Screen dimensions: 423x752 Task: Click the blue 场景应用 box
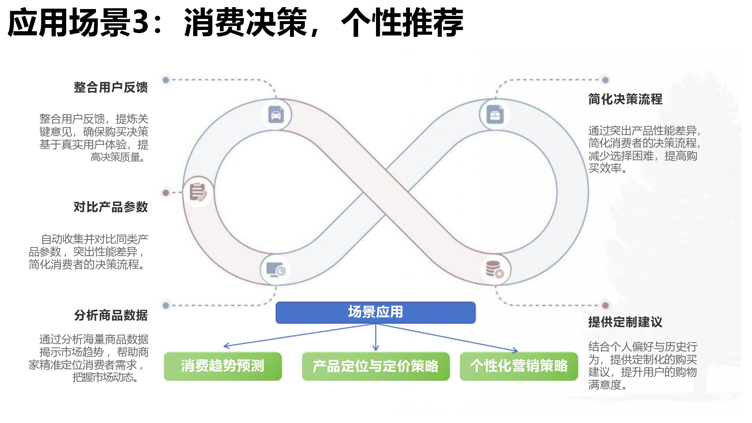375,312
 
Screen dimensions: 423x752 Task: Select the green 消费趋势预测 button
223,366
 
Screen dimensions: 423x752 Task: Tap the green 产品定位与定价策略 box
376,366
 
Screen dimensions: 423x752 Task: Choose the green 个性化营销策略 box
519,366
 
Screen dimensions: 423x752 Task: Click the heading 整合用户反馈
111,88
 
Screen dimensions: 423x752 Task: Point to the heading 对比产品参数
111,207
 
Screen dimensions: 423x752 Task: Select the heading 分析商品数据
111,315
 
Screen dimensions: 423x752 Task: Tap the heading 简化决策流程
625,100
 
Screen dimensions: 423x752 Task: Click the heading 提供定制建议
625,322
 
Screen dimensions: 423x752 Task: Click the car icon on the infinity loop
276,115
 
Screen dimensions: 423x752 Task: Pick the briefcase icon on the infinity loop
495,115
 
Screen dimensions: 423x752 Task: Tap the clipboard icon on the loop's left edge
198,192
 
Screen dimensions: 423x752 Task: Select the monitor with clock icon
276,270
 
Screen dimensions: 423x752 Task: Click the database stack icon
494,269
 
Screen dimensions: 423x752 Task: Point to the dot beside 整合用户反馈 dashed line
166,80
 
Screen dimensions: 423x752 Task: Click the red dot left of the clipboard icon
166,193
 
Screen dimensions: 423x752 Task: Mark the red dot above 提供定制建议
605,305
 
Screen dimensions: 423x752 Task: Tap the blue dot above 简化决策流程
605,80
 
